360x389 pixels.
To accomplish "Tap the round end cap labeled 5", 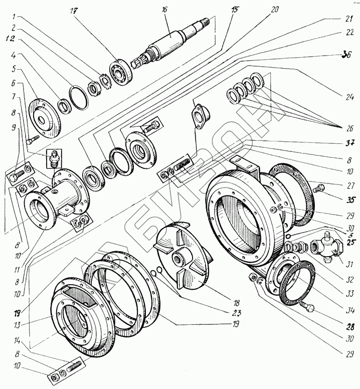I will [45, 116].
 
